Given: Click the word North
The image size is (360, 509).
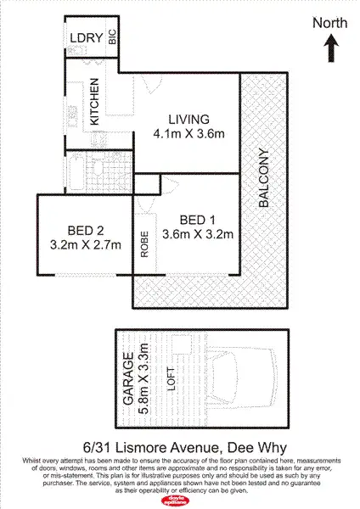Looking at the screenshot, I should pos(329,23).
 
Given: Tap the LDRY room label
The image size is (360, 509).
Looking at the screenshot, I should pos(86,37).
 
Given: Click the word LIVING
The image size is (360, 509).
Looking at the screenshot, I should pos(188,119).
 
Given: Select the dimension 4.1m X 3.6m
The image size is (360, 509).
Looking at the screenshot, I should pos(188,133).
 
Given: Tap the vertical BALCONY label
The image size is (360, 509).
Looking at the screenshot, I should pos(264,179).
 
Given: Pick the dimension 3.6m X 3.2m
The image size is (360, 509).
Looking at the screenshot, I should pos(197,235).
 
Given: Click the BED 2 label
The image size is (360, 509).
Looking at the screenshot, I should pos(86,229).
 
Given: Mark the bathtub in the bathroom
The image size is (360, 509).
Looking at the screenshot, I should pos(75,172).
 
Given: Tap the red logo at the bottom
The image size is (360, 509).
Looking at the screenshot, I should pos(180,499).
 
